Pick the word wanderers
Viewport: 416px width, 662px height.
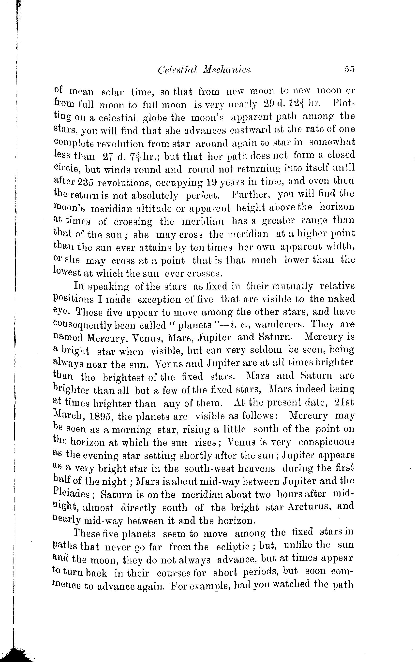click(x=280, y=325)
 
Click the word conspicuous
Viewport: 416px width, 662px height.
click(x=326, y=442)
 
